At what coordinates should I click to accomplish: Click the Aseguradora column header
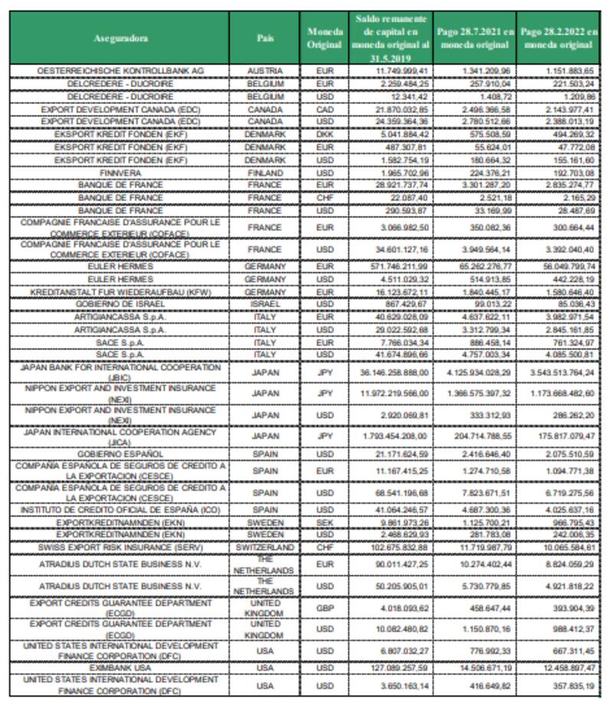[120, 38]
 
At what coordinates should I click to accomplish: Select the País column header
[265, 38]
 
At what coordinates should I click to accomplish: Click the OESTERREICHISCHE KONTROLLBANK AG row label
[120, 70]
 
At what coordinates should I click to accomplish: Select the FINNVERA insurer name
[120, 174]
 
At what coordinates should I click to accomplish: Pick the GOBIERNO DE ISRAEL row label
[120, 304]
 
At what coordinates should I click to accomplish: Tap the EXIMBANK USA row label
[120, 667]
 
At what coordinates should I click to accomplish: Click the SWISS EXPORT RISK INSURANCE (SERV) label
[120, 548]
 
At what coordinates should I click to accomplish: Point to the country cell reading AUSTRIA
[265, 70]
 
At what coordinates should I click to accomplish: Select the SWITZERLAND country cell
[265, 548]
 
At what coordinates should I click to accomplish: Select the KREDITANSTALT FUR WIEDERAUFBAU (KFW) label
[120, 292]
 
